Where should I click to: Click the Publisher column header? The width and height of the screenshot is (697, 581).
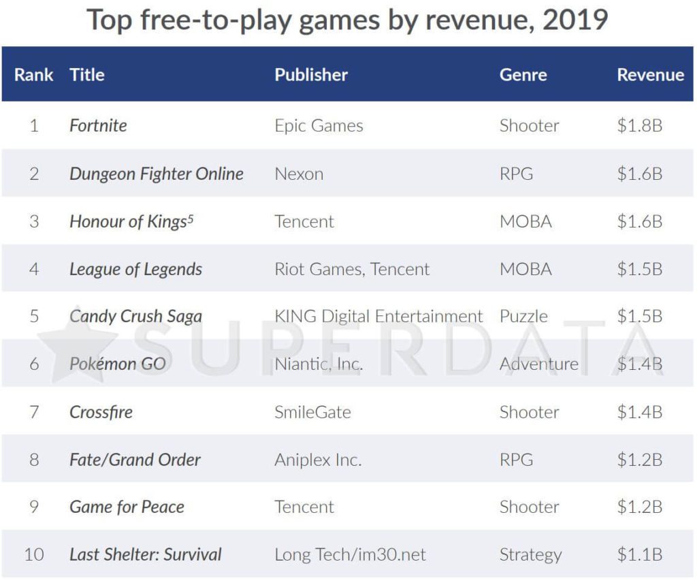[311, 75]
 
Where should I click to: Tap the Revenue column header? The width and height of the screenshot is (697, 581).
[650, 75]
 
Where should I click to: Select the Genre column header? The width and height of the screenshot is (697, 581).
[523, 75]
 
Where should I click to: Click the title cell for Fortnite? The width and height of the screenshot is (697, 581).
[98, 126]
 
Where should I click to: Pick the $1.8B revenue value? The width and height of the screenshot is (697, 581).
[639, 126]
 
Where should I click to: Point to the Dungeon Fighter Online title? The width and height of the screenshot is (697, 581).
[156, 174]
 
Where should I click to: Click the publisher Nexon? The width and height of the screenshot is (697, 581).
[299, 174]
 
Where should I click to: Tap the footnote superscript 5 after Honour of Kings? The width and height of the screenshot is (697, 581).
[191, 217]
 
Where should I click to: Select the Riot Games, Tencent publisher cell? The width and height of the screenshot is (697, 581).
[352, 269]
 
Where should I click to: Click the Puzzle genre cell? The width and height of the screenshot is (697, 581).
[523, 317]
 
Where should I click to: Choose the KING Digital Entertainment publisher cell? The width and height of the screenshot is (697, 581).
[378, 317]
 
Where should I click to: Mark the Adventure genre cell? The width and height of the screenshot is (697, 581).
[538, 364]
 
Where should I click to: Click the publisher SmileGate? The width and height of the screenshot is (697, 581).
[312, 412]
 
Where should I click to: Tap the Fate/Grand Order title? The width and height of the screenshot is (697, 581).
[135, 460]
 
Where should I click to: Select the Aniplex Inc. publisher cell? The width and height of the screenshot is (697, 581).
[318, 460]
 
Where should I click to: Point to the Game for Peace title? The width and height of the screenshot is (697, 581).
[127, 507]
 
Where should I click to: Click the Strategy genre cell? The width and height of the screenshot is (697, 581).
[530, 555]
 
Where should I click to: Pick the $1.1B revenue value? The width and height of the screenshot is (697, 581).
[639, 555]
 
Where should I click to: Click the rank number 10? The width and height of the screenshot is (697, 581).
[34, 555]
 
